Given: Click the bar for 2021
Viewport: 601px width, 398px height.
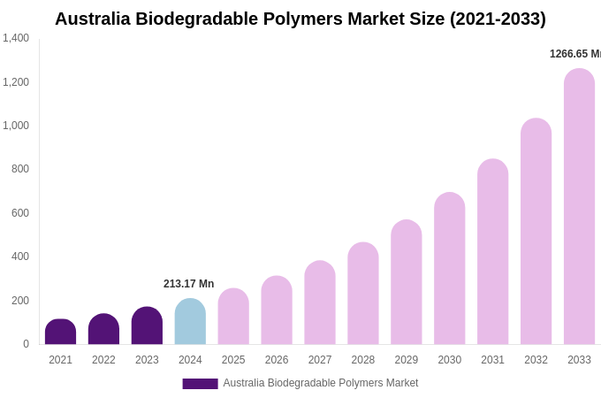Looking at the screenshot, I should [60, 332].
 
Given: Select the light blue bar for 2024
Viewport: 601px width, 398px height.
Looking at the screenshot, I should [190, 322].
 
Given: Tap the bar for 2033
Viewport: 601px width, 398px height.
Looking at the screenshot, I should [579, 207].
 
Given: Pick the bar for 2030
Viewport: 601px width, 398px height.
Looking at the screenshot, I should [449, 269].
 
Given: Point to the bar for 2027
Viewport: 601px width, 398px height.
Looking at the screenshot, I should [320, 302].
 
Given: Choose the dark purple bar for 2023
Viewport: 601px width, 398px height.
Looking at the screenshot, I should [147, 325].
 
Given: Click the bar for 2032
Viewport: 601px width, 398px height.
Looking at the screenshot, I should [536, 232].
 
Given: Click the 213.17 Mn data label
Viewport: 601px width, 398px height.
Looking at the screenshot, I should [188, 284].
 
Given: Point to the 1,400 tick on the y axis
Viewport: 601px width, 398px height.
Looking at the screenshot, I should [16, 38].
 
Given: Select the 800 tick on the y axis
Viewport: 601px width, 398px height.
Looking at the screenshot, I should [19, 169].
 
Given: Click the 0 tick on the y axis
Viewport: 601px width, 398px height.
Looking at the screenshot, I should [26, 344].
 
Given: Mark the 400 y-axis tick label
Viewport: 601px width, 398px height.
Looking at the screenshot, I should [19, 256].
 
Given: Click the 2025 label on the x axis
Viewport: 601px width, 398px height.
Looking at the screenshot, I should [233, 360].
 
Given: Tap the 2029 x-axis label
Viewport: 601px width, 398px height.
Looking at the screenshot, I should [406, 360].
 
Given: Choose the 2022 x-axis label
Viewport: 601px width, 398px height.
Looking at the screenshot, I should [103, 360].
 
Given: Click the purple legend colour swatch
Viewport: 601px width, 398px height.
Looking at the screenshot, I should [200, 384].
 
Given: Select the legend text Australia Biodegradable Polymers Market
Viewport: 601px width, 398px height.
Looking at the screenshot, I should [320, 383].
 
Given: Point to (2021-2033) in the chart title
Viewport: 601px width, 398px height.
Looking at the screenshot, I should [498, 19].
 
